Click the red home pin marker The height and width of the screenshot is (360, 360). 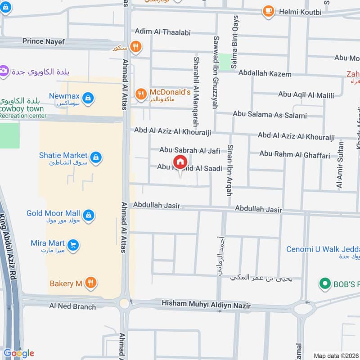pos(180,162)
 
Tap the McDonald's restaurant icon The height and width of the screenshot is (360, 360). pos(141,94)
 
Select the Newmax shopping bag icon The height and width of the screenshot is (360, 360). pos(89,97)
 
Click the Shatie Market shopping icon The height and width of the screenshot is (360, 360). pos(95,157)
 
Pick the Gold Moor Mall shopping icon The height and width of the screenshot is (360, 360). pos(89,215)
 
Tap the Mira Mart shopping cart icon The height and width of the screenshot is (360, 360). pos(74,245)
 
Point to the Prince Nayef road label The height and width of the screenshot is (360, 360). pos(44,41)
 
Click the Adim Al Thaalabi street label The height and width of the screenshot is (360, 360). pos(163,32)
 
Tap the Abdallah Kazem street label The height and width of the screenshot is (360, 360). pos(265,74)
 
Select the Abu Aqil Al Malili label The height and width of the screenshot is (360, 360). pos(306,94)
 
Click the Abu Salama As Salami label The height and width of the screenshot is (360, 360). pos(270,115)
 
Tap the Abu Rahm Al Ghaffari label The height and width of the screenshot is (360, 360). pos(294,154)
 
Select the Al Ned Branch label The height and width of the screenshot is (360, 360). pos(72,306)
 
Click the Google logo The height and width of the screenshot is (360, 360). pos(18,353)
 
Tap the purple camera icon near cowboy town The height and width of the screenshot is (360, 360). pos(4,71)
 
